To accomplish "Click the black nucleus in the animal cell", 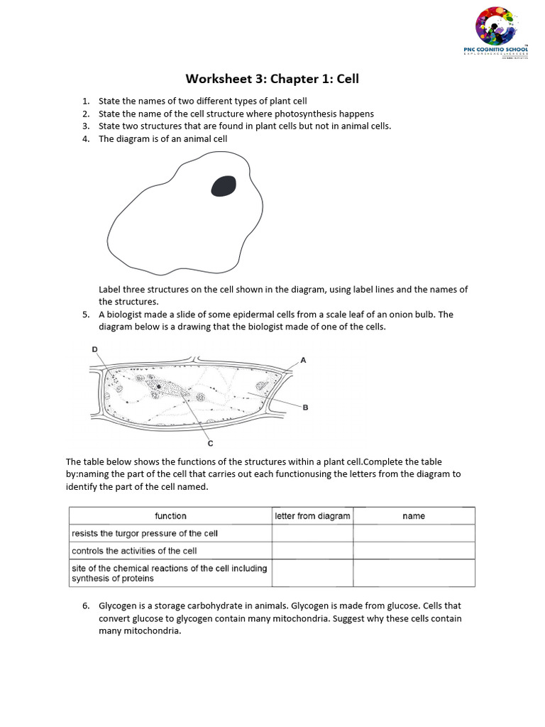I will [224, 186].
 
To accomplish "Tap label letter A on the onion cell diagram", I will [303, 361].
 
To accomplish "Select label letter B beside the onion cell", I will [305, 408].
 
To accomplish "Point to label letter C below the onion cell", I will [210, 444].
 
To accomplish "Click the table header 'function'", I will [170, 516].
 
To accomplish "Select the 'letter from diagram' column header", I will [312, 516].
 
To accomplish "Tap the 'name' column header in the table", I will [414, 516].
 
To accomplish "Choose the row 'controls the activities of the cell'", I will [134, 551].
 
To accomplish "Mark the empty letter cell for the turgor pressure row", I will [312, 533].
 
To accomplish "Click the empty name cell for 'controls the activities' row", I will [414, 551].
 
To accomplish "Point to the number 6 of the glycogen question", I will [86, 606].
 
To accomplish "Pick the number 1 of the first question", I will [85, 101].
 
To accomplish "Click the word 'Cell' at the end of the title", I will [348, 79].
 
